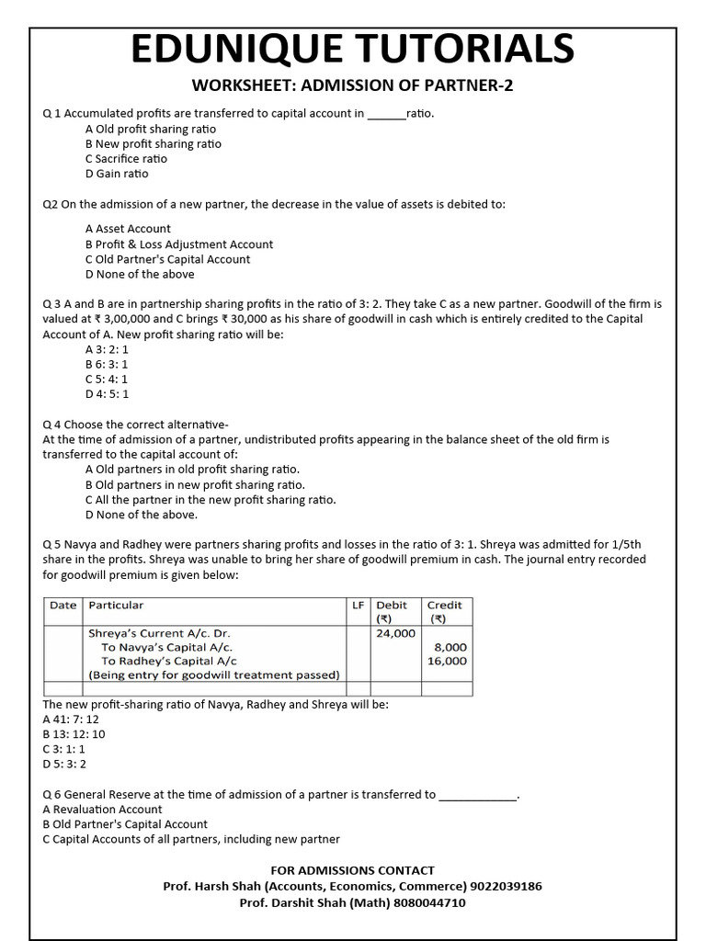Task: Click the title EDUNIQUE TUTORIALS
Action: pyautogui.click(x=352, y=48)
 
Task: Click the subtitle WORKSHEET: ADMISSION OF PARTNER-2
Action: pyautogui.click(x=352, y=86)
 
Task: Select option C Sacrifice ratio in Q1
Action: pyautogui.click(x=126, y=159)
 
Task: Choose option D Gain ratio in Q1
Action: pyautogui.click(x=116, y=174)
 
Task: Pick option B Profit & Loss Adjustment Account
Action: pyautogui.click(x=178, y=244)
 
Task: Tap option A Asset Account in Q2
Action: pyautogui.click(x=128, y=229)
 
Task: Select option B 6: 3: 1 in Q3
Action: pyautogui.click(x=107, y=364)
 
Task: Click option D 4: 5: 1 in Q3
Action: pyautogui.click(x=107, y=393)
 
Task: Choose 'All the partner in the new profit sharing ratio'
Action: pyautogui.click(x=211, y=500)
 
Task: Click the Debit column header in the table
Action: pyautogui.click(x=392, y=605)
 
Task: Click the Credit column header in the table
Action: pyautogui.click(x=445, y=605)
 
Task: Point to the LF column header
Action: pyautogui.click(x=359, y=605)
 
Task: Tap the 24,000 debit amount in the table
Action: pyautogui.click(x=396, y=633)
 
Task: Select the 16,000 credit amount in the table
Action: pyautogui.click(x=448, y=661)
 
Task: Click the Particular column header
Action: pyautogui.click(x=116, y=605)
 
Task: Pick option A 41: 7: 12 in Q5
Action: pyautogui.click(x=71, y=720)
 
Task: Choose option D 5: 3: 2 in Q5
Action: pyautogui.click(x=64, y=764)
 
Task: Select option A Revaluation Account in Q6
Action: pyautogui.click(x=102, y=810)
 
